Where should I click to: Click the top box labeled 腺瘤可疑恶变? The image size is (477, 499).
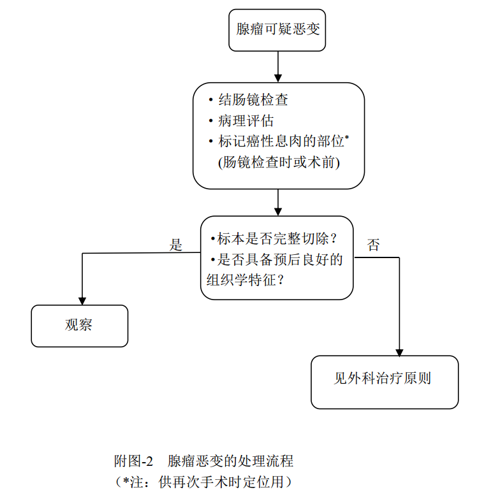click(277, 29)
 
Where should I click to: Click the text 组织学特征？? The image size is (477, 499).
click(245, 280)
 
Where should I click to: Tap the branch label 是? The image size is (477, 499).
click(176, 245)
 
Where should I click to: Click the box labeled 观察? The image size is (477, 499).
click(80, 325)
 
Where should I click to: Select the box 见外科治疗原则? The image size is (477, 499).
click(384, 379)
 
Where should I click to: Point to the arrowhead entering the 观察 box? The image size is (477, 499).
click(82, 300)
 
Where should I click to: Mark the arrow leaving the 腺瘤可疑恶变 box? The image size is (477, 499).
click(278, 66)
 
